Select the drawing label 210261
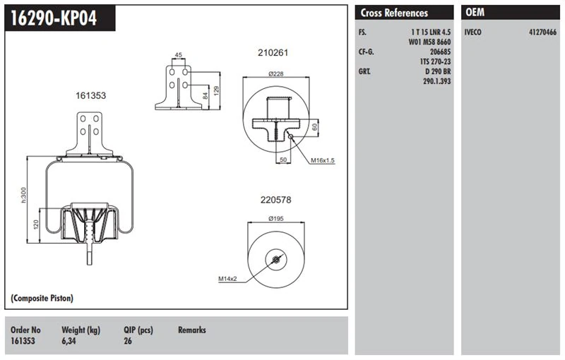273,53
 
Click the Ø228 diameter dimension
275,73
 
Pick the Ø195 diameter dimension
276,220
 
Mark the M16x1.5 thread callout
322,160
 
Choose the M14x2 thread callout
227,280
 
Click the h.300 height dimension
23,195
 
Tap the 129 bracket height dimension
216,90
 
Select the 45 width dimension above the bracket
178,55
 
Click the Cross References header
394,13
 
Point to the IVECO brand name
474,32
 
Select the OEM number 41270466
542,32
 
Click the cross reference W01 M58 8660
429,42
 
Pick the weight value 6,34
71,341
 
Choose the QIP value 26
128,341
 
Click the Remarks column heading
191,330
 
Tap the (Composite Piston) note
42,299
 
